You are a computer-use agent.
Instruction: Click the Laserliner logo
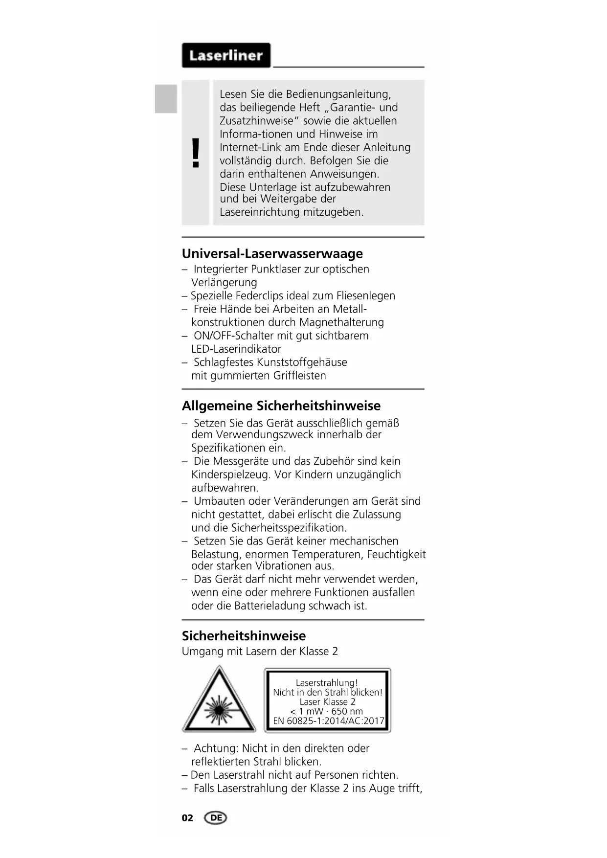(226, 55)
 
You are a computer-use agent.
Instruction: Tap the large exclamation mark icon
(196, 153)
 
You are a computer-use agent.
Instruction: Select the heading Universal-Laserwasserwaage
(272, 253)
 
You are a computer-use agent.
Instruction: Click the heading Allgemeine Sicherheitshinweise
(281, 406)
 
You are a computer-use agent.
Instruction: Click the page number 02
(187, 818)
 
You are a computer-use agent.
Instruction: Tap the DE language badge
(216, 818)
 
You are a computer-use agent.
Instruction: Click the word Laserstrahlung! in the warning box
(327, 683)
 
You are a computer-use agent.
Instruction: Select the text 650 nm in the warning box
(347, 711)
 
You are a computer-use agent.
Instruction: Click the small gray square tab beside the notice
(166, 99)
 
